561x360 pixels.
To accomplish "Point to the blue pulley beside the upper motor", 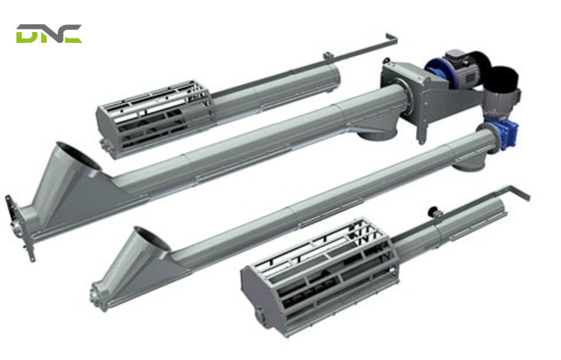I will pos(437,70).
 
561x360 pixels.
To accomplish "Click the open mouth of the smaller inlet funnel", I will pos(152,239).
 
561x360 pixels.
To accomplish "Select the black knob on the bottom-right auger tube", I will pos(433,211).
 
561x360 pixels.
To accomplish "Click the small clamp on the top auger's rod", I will pos(327,56).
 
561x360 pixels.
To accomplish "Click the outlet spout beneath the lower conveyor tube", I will pos(468,164).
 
